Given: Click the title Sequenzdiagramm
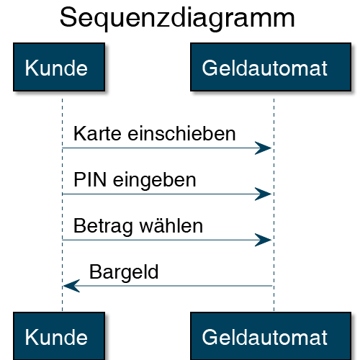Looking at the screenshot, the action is pos(177,19).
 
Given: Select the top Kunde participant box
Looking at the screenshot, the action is pos(59,67).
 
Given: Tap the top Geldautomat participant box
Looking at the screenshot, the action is pos(271,67).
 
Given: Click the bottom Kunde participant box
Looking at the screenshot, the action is pos(59,336).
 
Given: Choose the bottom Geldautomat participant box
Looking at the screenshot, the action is pos(271,336).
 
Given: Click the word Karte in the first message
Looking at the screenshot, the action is pos(97,133).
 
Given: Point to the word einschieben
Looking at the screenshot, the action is pos(181,133).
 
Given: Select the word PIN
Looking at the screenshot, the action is pos(90,179).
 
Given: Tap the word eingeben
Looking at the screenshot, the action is pos(155,181).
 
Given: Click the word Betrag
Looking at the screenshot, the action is pos(103,226).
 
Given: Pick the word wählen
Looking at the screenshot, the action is pos(171,225).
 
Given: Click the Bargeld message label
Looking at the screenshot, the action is pos(124,273).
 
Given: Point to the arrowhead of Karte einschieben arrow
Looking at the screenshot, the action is pos(263,148).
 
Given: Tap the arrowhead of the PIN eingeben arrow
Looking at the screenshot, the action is pos(263,194).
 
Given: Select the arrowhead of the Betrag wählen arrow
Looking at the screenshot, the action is pos(263,240).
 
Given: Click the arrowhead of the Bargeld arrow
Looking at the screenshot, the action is pos(71,286).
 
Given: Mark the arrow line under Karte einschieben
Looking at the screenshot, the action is pos(167,148).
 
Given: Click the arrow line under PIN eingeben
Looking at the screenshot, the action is pos(167,194).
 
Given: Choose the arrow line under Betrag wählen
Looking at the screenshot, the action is pos(167,240).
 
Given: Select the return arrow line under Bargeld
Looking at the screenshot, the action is pos(168,286).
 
